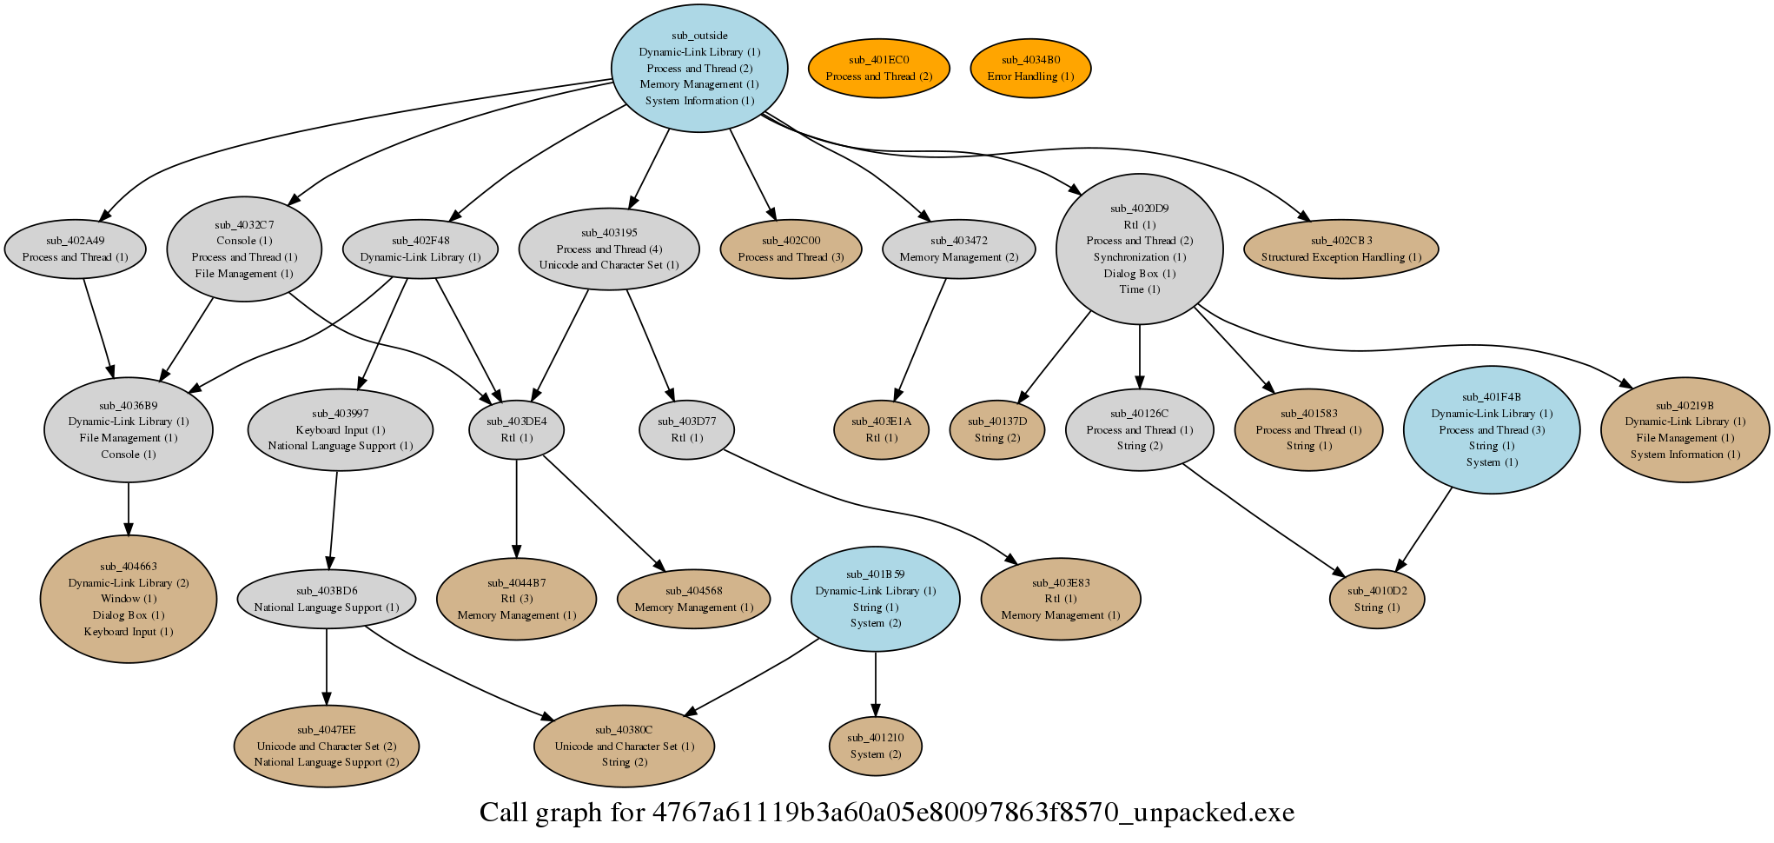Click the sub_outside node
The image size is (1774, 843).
[699, 68]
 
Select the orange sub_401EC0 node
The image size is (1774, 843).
[878, 68]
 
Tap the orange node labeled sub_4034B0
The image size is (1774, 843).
[1030, 68]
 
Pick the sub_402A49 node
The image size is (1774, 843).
[75, 249]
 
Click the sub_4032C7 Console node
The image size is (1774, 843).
[244, 249]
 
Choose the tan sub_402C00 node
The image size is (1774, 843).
[791, 249]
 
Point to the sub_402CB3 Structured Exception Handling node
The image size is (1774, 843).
[1341, 249]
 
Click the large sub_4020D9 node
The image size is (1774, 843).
[1139, 249]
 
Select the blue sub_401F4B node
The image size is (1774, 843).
[1492, 429]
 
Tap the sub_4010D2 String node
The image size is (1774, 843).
[1377, 599]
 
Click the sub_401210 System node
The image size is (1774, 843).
[876, 746]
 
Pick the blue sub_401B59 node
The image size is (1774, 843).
[876, 599]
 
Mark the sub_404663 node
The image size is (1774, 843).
[129, 599]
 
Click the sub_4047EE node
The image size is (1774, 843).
[327, 746]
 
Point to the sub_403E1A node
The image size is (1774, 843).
[881, 429]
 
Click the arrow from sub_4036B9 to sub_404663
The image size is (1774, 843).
[129, 508]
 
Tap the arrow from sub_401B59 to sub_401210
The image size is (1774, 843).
[876, 684]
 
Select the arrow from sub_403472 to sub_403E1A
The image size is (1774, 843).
[920, 339]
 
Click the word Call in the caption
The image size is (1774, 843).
[504, 813]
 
